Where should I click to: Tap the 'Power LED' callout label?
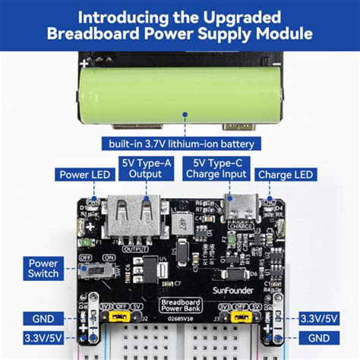coord(86,175)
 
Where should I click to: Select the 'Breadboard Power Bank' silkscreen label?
coord(180,307)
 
